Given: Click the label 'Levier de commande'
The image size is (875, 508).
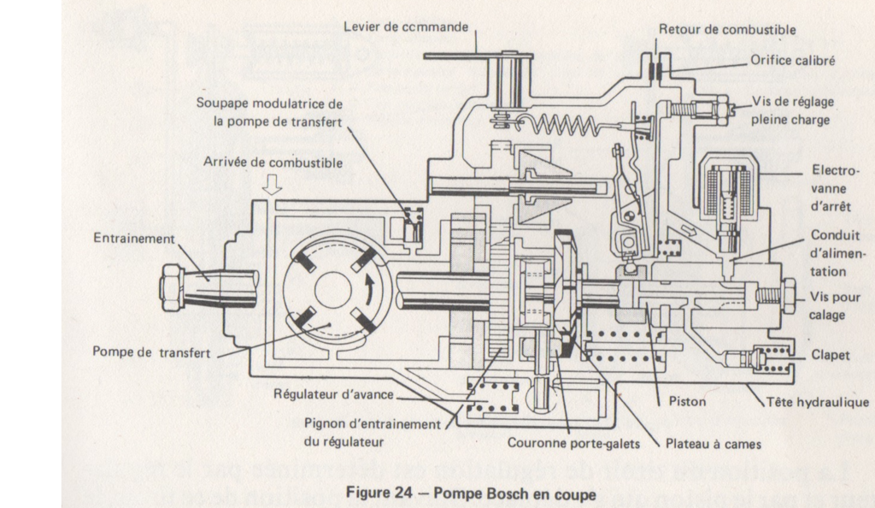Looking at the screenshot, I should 406,27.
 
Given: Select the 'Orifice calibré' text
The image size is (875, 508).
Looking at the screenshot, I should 793,62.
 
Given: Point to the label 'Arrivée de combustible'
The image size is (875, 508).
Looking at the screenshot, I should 273,162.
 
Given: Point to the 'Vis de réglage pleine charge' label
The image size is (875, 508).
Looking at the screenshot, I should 792,110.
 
